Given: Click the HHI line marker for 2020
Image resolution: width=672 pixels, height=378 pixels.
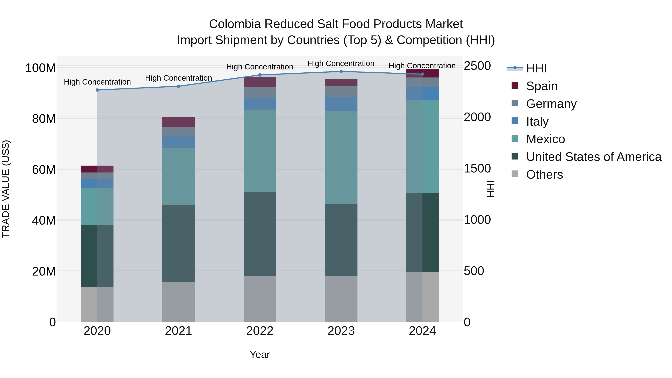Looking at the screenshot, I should point(97,90).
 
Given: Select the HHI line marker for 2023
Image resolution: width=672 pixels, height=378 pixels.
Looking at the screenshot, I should point(341,71).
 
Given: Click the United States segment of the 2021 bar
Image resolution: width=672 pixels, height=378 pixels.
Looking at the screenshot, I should point(178,243).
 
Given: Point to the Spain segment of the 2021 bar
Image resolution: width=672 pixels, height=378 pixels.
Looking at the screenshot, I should point(178,122).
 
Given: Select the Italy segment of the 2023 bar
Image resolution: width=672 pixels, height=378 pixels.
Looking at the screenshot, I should point(341,104).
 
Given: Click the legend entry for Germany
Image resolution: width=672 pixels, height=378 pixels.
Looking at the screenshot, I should point(551,104).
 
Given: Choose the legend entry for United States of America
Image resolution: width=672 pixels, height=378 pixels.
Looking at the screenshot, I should point(593,157).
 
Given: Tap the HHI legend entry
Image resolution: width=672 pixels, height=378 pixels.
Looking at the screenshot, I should point(536,68).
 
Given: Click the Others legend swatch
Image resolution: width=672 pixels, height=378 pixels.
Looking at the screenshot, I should point(515,174).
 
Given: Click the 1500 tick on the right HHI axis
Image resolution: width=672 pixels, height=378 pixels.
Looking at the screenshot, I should point(477,169).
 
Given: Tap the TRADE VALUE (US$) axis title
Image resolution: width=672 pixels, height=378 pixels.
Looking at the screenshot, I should point(6,189).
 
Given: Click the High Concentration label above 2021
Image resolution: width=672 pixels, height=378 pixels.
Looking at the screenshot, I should point(178,78).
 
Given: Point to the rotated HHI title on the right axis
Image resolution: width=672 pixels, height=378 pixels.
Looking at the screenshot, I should point(490,189).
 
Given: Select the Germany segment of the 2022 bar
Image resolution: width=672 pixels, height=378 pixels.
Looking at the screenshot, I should point(260,92).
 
